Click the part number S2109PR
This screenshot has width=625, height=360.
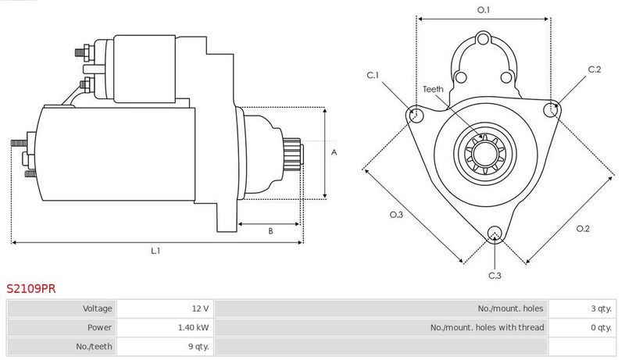tap(31, 289)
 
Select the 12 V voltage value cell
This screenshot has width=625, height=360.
tap(200, 308)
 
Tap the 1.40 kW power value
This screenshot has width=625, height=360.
tap(193, 328)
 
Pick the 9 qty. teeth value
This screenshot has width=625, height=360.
tap(198, 347)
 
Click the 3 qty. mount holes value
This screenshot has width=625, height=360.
tap(601, 308)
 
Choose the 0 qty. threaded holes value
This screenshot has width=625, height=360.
tap(601, 328)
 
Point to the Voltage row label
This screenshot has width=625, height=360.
tap(97, 308)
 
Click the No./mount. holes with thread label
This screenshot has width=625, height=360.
tap(487, 328)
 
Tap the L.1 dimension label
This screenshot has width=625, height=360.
tap(155, 251)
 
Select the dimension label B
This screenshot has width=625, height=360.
tap(270, 231)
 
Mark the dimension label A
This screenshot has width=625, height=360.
tap(334, 152)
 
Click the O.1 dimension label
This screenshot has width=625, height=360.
tap(484, 10)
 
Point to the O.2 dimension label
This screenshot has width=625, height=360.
tap(583, 229)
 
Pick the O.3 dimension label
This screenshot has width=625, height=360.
tap(396, 215)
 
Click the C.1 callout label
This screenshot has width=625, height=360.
tap(373, 75)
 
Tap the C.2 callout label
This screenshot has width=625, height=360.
tap(595, 70)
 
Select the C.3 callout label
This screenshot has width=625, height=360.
tap(495, 276)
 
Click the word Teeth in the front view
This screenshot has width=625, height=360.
tap(434, 89)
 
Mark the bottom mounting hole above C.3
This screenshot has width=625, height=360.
tap(495, 233)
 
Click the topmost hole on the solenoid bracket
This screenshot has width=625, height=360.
tap(483, 39)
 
